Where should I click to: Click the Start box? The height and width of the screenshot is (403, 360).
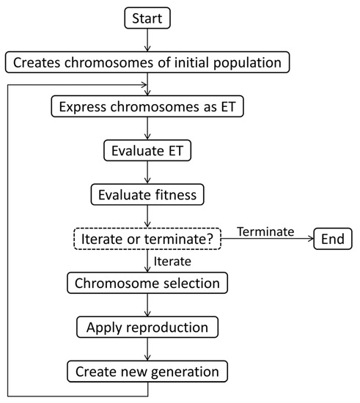149,18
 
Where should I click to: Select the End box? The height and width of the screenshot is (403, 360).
332,239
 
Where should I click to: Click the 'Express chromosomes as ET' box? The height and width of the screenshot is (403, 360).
149,107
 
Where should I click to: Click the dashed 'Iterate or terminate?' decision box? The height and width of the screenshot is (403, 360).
149,239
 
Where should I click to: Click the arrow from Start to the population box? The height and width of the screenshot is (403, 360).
149,40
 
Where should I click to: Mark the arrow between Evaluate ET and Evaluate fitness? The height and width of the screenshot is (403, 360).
149,173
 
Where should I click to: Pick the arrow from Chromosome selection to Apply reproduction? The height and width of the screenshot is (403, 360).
149,304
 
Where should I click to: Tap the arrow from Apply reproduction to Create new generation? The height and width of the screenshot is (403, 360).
149,349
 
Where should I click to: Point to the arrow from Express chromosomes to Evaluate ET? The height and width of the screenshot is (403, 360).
149,129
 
